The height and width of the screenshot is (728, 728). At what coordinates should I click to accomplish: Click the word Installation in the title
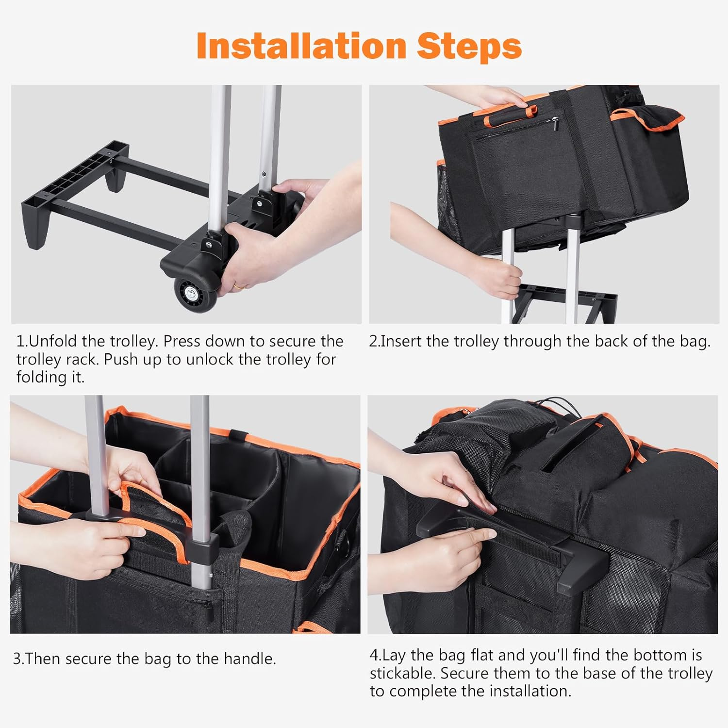[301, 46]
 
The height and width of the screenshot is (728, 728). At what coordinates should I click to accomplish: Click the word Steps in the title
[469, 46]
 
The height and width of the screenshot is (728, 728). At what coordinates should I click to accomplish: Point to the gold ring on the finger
[239, 286]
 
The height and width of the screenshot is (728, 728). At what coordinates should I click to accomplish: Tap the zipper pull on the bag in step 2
[556, 120]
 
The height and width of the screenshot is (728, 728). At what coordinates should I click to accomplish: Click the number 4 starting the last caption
[374, 655]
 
